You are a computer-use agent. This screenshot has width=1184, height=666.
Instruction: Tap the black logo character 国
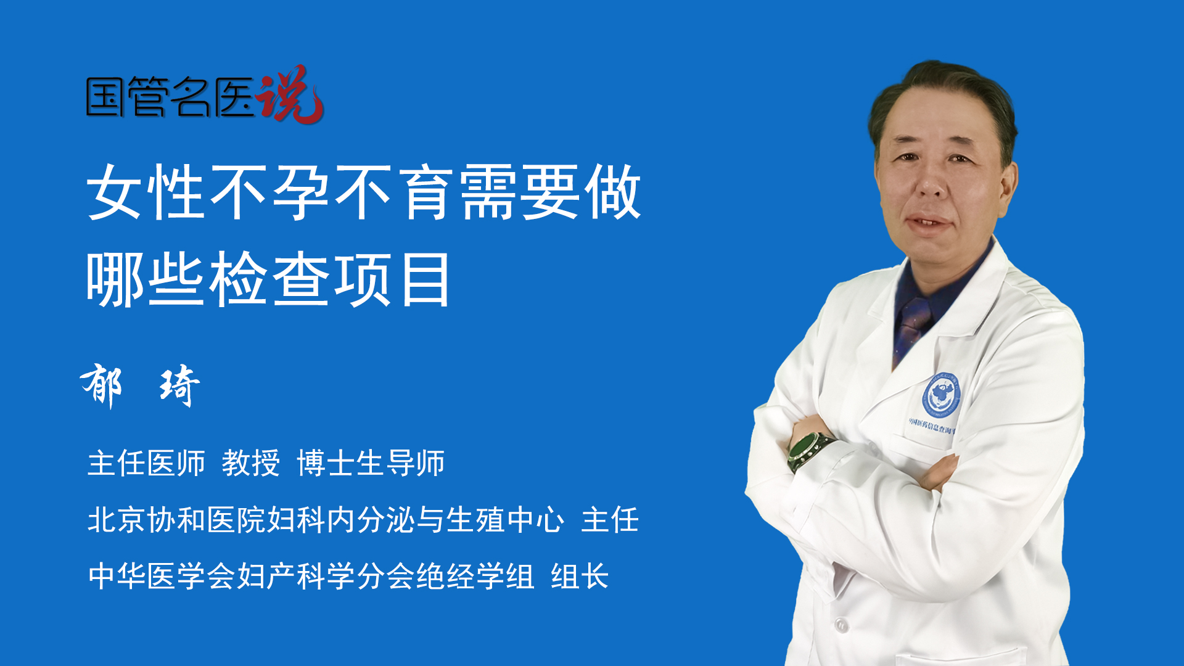point(105,97)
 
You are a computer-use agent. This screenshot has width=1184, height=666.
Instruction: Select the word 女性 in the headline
point(146,192)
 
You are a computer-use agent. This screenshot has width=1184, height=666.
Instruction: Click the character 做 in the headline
point(612,192)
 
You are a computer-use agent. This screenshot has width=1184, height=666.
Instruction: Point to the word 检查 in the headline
point(269,279)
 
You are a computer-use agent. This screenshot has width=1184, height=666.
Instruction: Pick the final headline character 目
point(425,279)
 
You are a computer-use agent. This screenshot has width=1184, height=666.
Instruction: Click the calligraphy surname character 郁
point(102,385)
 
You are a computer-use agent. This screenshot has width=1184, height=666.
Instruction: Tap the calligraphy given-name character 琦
point(179,385)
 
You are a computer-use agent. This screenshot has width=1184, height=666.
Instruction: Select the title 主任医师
point(146,462)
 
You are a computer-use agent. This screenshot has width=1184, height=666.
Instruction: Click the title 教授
point(251,462)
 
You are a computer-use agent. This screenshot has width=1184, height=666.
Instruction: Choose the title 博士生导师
point(371,462)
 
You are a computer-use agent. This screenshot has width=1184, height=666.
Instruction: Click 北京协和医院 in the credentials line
point(176,519)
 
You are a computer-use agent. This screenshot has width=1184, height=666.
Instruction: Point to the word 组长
point(580,577)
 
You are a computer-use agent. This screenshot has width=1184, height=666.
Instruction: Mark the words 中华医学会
point(162,577)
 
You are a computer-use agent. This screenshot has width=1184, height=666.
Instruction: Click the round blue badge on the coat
point(941,395)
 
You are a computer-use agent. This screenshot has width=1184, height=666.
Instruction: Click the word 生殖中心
point(505,519)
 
